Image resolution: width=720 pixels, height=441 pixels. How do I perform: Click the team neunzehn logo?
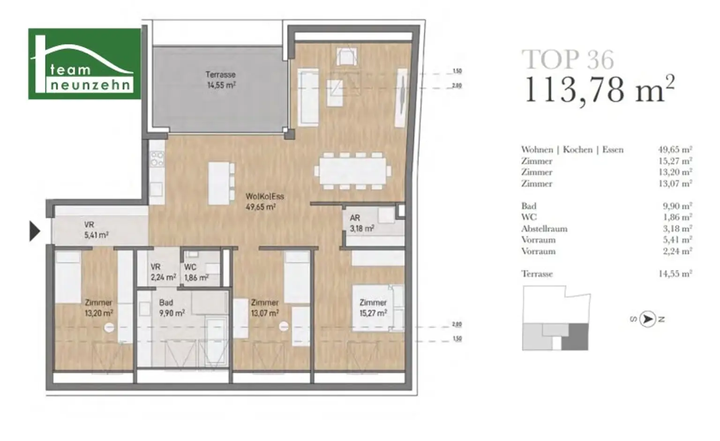click(x=84, y=64)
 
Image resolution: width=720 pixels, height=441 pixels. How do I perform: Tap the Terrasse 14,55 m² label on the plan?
click(x=221, y=80)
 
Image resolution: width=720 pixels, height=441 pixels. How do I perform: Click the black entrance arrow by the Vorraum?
click(x=35, y=231)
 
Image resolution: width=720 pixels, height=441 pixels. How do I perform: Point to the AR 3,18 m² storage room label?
click(x=361, y=223)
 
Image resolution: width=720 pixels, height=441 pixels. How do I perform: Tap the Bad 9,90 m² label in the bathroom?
click(x=172, y=307)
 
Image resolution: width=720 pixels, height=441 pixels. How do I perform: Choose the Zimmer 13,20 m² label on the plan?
click(x=99, y=307)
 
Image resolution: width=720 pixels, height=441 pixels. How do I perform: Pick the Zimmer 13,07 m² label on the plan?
click(x=265, y=307)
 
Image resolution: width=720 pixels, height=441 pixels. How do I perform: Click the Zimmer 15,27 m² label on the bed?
click(x=373, y=307)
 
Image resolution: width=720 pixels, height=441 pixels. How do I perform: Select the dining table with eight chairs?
click(x=352, y=171)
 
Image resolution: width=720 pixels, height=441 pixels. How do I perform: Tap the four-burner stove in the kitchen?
click(x=157, y=159)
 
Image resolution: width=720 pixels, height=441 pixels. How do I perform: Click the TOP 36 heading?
click(x=568, y=60)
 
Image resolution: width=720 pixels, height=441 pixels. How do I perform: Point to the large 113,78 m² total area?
click(x=600, y=90)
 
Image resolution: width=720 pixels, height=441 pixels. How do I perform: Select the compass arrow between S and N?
click(x=648, y=320)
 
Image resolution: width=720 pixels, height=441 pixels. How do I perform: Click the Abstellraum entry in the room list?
click(x=544, y=229)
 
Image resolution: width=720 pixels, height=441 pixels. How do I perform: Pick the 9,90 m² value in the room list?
click(x=677, y=206)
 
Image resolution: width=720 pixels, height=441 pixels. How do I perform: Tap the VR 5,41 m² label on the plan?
click(x=96, y=230)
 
